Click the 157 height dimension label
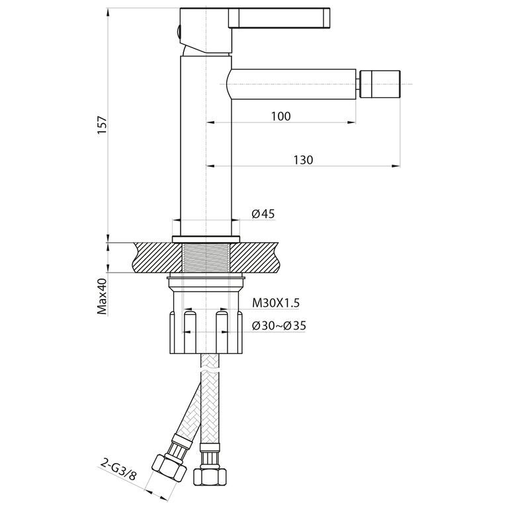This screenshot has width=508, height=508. pyautogui.click(x=102, y=126)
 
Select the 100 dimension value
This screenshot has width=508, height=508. pyautogui.click(x=281, y=116)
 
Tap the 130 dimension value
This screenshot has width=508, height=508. pyautogui.click(x=303, y=159)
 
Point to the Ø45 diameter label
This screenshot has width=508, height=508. pyautogui.click(x=263, y=214)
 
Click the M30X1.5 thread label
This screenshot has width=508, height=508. pyautogui.click(x=276, y=303)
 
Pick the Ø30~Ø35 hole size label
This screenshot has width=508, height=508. pyautogui.click(x=279, y=325)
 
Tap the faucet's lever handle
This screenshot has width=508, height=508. pyautogui.click(x=278, y=17)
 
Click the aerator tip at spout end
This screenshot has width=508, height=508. pyautogui.click(x=380, y=83)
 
